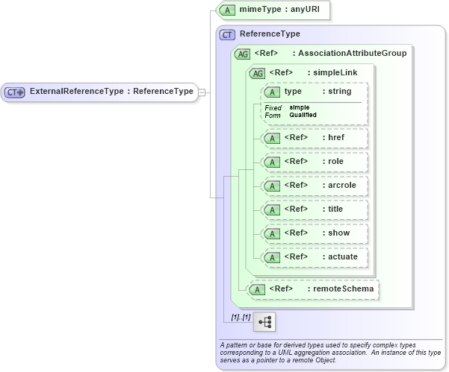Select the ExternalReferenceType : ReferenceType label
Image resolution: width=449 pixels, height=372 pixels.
point(111,92)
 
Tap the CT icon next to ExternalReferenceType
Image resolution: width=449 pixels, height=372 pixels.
point(16,92)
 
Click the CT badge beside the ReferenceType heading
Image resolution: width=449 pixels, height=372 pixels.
point(227,34)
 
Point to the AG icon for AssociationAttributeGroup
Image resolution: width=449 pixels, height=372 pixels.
point(242,54)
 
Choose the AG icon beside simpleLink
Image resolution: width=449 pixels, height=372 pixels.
point(258,73)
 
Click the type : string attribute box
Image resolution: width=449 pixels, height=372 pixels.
point(314,92)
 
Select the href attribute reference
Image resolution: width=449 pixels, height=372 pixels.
point(314,138)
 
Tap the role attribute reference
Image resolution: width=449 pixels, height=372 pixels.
point(314,162)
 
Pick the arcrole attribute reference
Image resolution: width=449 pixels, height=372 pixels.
point(314,186)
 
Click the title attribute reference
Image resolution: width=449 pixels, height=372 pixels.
point(314,209)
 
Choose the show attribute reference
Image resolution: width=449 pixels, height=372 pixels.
point(314,233)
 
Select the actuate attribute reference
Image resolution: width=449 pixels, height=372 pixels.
point(314,257)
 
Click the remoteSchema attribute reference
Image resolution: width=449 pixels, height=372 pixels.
point(314,289)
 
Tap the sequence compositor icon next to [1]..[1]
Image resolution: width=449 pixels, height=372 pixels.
point(264,321)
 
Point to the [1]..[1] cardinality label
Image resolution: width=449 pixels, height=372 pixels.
point(240,318)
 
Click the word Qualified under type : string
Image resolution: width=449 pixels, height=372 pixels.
point(303,115)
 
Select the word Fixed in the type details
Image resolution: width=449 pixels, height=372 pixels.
point(273,108)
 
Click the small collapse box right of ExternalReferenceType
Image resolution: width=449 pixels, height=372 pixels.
point(202,92)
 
